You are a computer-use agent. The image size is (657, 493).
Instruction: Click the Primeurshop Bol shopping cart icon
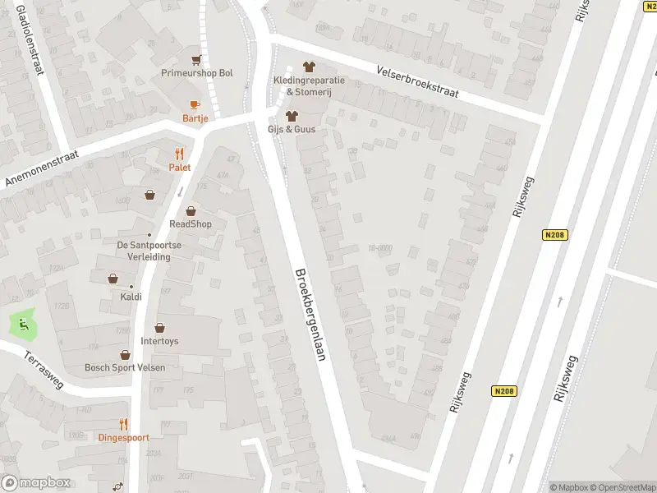pos(196,60)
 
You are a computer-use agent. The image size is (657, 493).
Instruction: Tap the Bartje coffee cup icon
pos(195,105)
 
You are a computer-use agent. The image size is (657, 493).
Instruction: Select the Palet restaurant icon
pos(179,154)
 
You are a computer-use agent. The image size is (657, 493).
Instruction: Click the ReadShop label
pos(191,224)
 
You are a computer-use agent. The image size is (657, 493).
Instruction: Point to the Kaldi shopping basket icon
pos(113,279)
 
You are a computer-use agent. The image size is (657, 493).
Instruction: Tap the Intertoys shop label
pos(159,341)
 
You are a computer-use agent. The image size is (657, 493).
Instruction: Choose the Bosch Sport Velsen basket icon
pos(125,355)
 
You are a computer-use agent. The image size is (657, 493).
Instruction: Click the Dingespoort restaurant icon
pos(123,425)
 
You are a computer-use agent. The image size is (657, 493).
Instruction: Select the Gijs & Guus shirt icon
pos(291,116)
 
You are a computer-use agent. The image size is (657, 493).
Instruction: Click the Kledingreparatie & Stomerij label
pos(309,85)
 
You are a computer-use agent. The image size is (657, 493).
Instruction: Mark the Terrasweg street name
pos(43,371)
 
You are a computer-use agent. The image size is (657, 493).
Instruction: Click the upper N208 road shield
pos(555,235)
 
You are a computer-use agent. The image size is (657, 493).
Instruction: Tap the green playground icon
pos(24,324)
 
